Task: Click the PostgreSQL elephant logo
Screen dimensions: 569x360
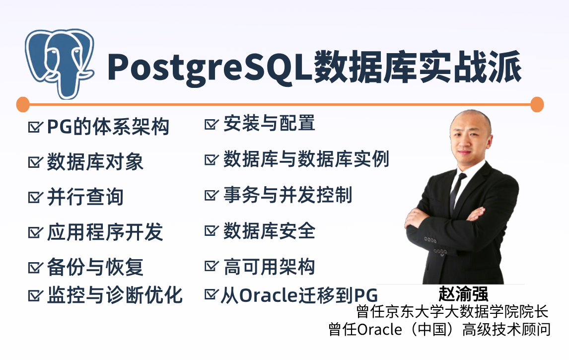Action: [x=59, y=64]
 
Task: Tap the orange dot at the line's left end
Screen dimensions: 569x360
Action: [x=23, y=104]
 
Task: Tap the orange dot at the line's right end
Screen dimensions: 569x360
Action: [x=537, y=104]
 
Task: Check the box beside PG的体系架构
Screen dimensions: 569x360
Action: [x=35, y=127]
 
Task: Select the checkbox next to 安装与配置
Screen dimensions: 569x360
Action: [x=212, y=123]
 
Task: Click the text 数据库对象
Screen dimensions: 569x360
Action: [x=95, y=161]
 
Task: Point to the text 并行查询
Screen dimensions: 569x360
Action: [x=85, y=197]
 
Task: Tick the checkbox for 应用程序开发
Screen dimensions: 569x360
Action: [x=35, y=232]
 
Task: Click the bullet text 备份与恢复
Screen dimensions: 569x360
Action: [x=95, y=267]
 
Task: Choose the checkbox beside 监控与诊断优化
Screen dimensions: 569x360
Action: [x=35, y=295]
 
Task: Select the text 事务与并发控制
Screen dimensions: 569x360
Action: [x=288, y=195]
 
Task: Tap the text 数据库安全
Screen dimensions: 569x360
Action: [x=269, y=231]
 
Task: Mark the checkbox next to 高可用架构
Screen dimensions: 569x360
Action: [x=212, y=266]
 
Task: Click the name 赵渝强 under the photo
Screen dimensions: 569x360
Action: [x=463, y=293]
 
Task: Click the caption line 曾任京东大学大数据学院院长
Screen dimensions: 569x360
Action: [x=452, y=311]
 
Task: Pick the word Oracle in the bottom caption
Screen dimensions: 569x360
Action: [x=379, y=330]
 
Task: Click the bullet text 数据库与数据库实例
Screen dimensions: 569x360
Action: [x=306, y=159]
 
